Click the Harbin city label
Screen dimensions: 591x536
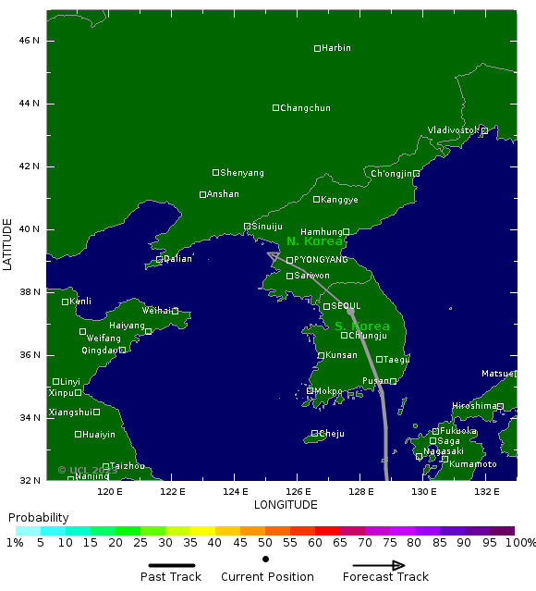click(336, 48)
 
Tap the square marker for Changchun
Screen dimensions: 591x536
click(275, 108)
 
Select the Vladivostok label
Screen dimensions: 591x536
click(454, 130)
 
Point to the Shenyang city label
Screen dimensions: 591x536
click(242, 173)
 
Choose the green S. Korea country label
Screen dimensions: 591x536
click(362, 326)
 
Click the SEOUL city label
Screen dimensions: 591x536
click(346, 305)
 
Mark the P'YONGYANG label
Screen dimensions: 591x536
click(321, 260)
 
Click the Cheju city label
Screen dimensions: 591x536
click(331, 433)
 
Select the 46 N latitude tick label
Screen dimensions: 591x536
click(30, 41)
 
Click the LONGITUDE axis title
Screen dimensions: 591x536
click(286, 505)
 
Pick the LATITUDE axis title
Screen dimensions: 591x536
click(8, 244)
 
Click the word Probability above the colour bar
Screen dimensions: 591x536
click(38, 517)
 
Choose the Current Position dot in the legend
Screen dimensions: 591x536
click(266, 560)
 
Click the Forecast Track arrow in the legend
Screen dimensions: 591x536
click(379, 566)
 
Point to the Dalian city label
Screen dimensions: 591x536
click(177, 259)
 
